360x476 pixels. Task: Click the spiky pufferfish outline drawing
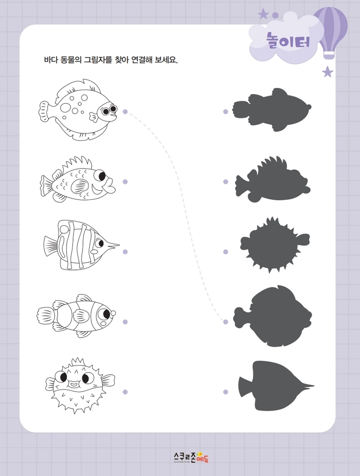click(x=80, y=386)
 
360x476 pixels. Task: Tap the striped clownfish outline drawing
click(x=76, y=316)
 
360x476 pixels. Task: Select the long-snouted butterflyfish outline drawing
click(x=81, y=245)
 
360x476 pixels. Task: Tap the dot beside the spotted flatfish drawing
click(x=125, y=112)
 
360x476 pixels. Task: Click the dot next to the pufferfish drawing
click(x=125, y=392)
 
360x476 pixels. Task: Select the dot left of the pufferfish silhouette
click(x=226, y=252)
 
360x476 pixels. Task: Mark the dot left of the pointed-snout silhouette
click(x=226, y=392)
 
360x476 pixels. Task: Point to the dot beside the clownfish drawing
click(x=125, y=322)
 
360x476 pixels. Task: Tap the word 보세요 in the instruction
click(x=166, y=60)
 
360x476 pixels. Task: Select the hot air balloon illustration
click(x=330, y=32)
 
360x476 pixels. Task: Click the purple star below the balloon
click(x=327, y=72)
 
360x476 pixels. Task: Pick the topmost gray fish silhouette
click(x=272, y=110)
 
